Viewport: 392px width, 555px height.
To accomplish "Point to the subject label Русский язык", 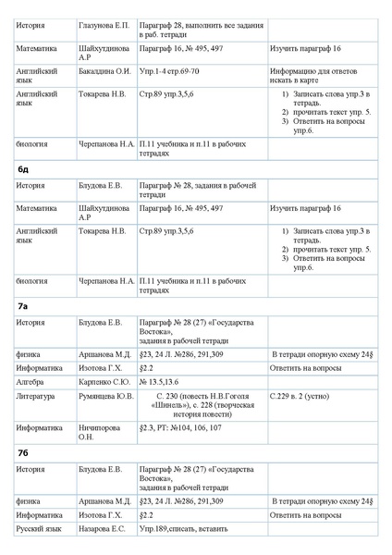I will point(39,528).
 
